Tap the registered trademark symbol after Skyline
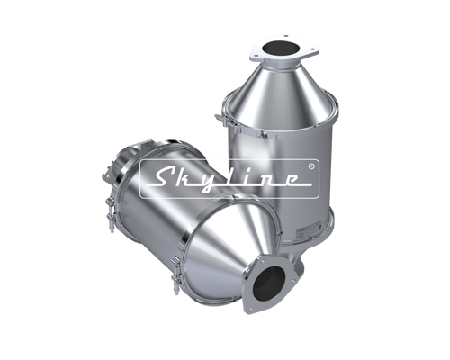pyautogui.click(x=311, y=165)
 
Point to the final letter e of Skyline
pyautogui.click(x=289, y=179)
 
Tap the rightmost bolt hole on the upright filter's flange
pyautogui.click(x=312, y=49)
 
